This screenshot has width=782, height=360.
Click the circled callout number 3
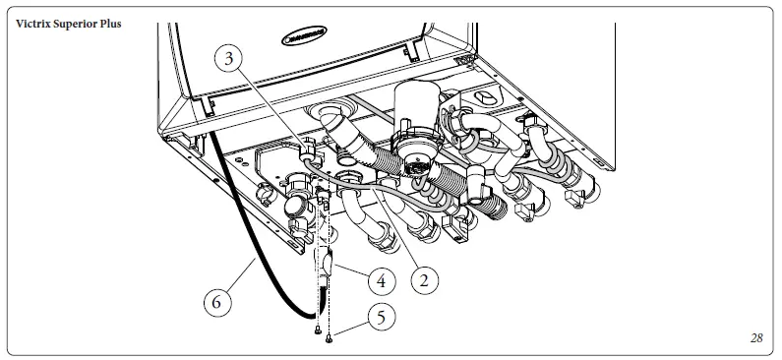[x=228, y=59]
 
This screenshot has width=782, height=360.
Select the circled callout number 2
[x=424, y=280]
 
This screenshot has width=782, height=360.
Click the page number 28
[x=755, y=338]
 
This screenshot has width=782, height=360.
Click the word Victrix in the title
[x=35, y=23]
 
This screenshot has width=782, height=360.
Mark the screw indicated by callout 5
[x=330, y=340]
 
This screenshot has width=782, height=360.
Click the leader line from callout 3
[x=271, y=108]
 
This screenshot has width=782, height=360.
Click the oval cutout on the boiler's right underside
[x=488, y=97]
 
